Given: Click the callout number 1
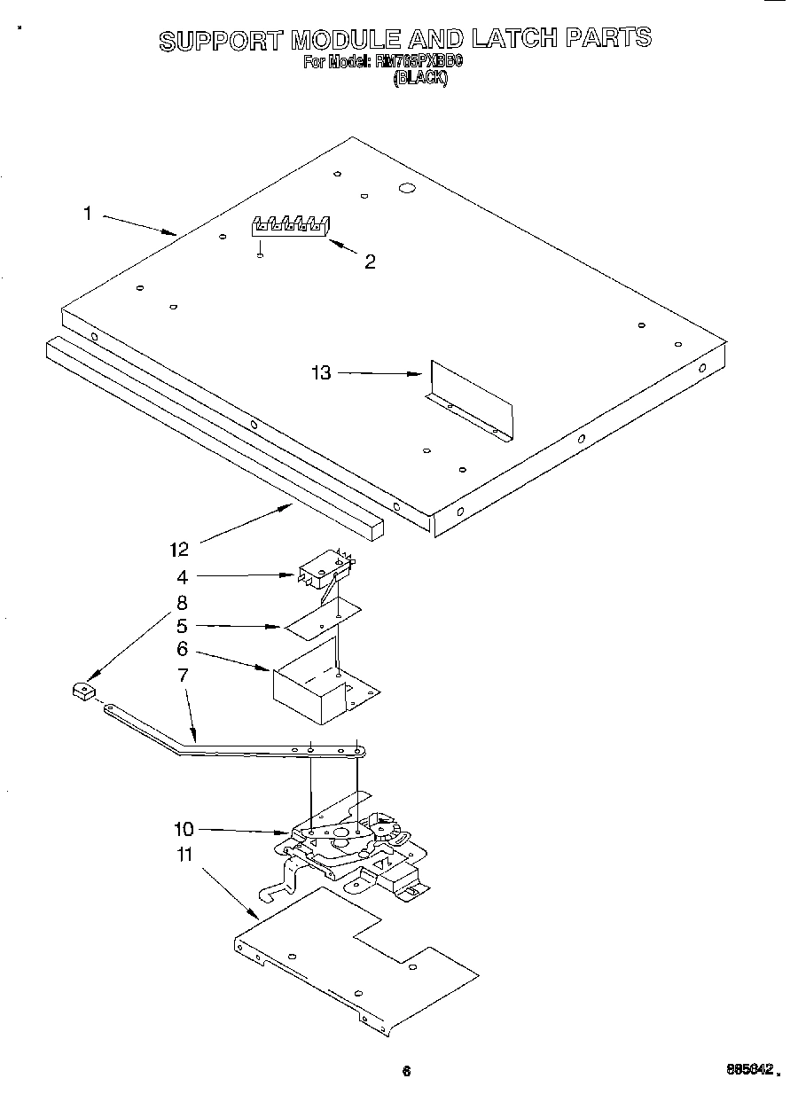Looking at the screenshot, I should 88,213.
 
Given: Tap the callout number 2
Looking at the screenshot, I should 370,262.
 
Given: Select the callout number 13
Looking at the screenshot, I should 321,373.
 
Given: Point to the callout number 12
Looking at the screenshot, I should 179,550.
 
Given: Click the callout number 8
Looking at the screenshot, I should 182,603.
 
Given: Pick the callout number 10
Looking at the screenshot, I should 184,830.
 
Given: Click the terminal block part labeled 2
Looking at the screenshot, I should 290,226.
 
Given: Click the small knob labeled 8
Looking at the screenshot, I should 83,691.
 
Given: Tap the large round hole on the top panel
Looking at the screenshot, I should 407,188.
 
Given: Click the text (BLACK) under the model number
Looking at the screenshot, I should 420,78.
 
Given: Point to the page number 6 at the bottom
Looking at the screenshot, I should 406,1070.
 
